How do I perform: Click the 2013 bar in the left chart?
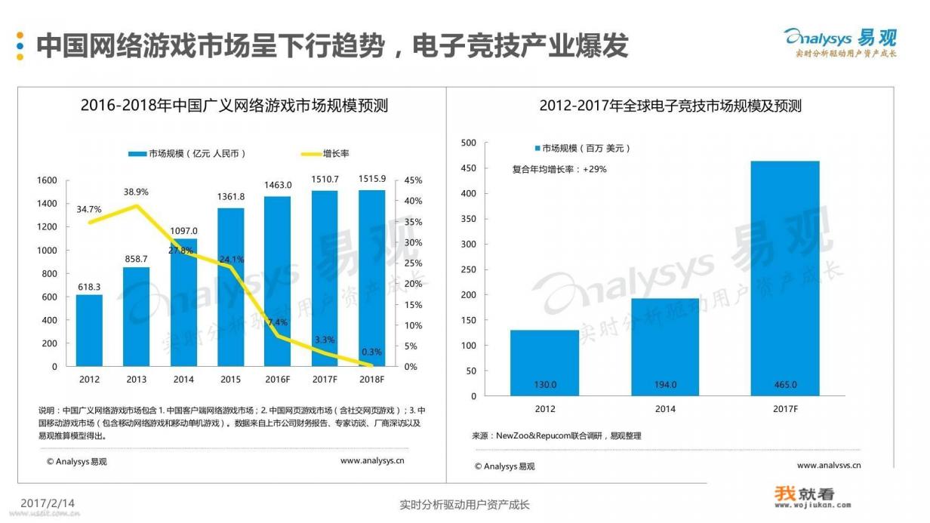[x=136, y=317]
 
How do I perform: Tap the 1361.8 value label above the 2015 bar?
[x=231, y=197]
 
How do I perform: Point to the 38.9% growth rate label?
[x=136, y=192]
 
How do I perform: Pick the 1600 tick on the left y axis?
[x=47, y=180]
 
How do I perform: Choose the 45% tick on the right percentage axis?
[x=413, y=180]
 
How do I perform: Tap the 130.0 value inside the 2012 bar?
[x=544, y=385]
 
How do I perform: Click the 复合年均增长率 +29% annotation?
[x=559, y=169]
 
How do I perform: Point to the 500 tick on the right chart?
[x=468, y=143]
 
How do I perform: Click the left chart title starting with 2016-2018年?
[x=234, y=106]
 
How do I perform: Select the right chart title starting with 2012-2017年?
[x=670, y=106]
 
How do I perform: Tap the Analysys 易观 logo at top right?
[x=839, y=41]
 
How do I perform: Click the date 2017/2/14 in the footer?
[x=48, y=503]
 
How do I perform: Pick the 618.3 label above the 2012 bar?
[x=88, y=287]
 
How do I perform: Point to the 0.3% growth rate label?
[x=371, y=352]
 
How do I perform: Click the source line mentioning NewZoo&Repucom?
[x=556, y=435]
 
